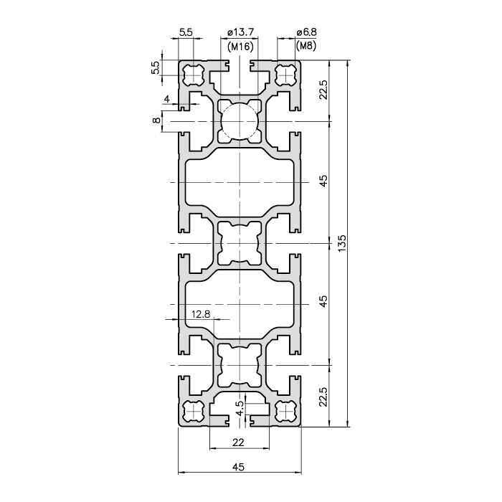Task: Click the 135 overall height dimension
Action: tap(342, 243)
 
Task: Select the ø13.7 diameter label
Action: tap(240, 32)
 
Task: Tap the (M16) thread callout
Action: tap(240, 47)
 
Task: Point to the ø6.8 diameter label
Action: tap(306, 32)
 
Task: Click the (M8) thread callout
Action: tap(306, 47)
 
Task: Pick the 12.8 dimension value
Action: tap(201, 314)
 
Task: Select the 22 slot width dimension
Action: tap(238, 442)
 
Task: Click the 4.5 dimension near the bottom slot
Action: tap(240, 408)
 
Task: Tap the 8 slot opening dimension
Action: tap(156, 120)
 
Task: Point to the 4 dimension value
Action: tap(167, 99)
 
